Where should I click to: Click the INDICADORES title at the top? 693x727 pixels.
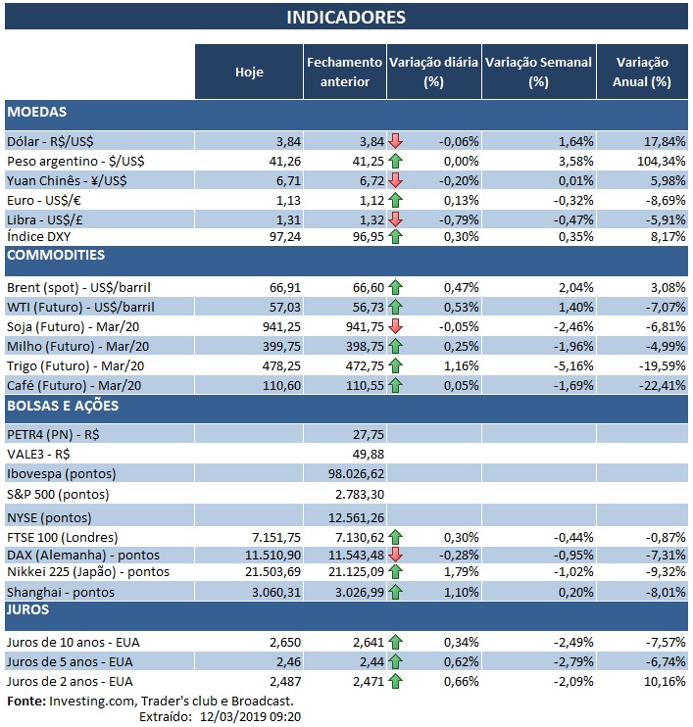(x=346, y=17)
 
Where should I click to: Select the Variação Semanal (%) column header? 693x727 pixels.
(x=538, y=72)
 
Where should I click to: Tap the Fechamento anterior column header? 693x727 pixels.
(x=345, y=72)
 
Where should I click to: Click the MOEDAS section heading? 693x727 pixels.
(x=37, y=113)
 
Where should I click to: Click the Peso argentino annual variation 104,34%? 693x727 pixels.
(x=651, y=160)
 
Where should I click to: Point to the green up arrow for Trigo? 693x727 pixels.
(x=396, y=366)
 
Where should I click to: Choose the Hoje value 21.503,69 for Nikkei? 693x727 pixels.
(x=261, y=572)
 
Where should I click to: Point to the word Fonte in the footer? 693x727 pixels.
(x=25, y=701)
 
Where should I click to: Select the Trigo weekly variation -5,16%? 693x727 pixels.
(x=566, y=366)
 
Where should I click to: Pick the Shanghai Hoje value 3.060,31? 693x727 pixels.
(x=265, y=592)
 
